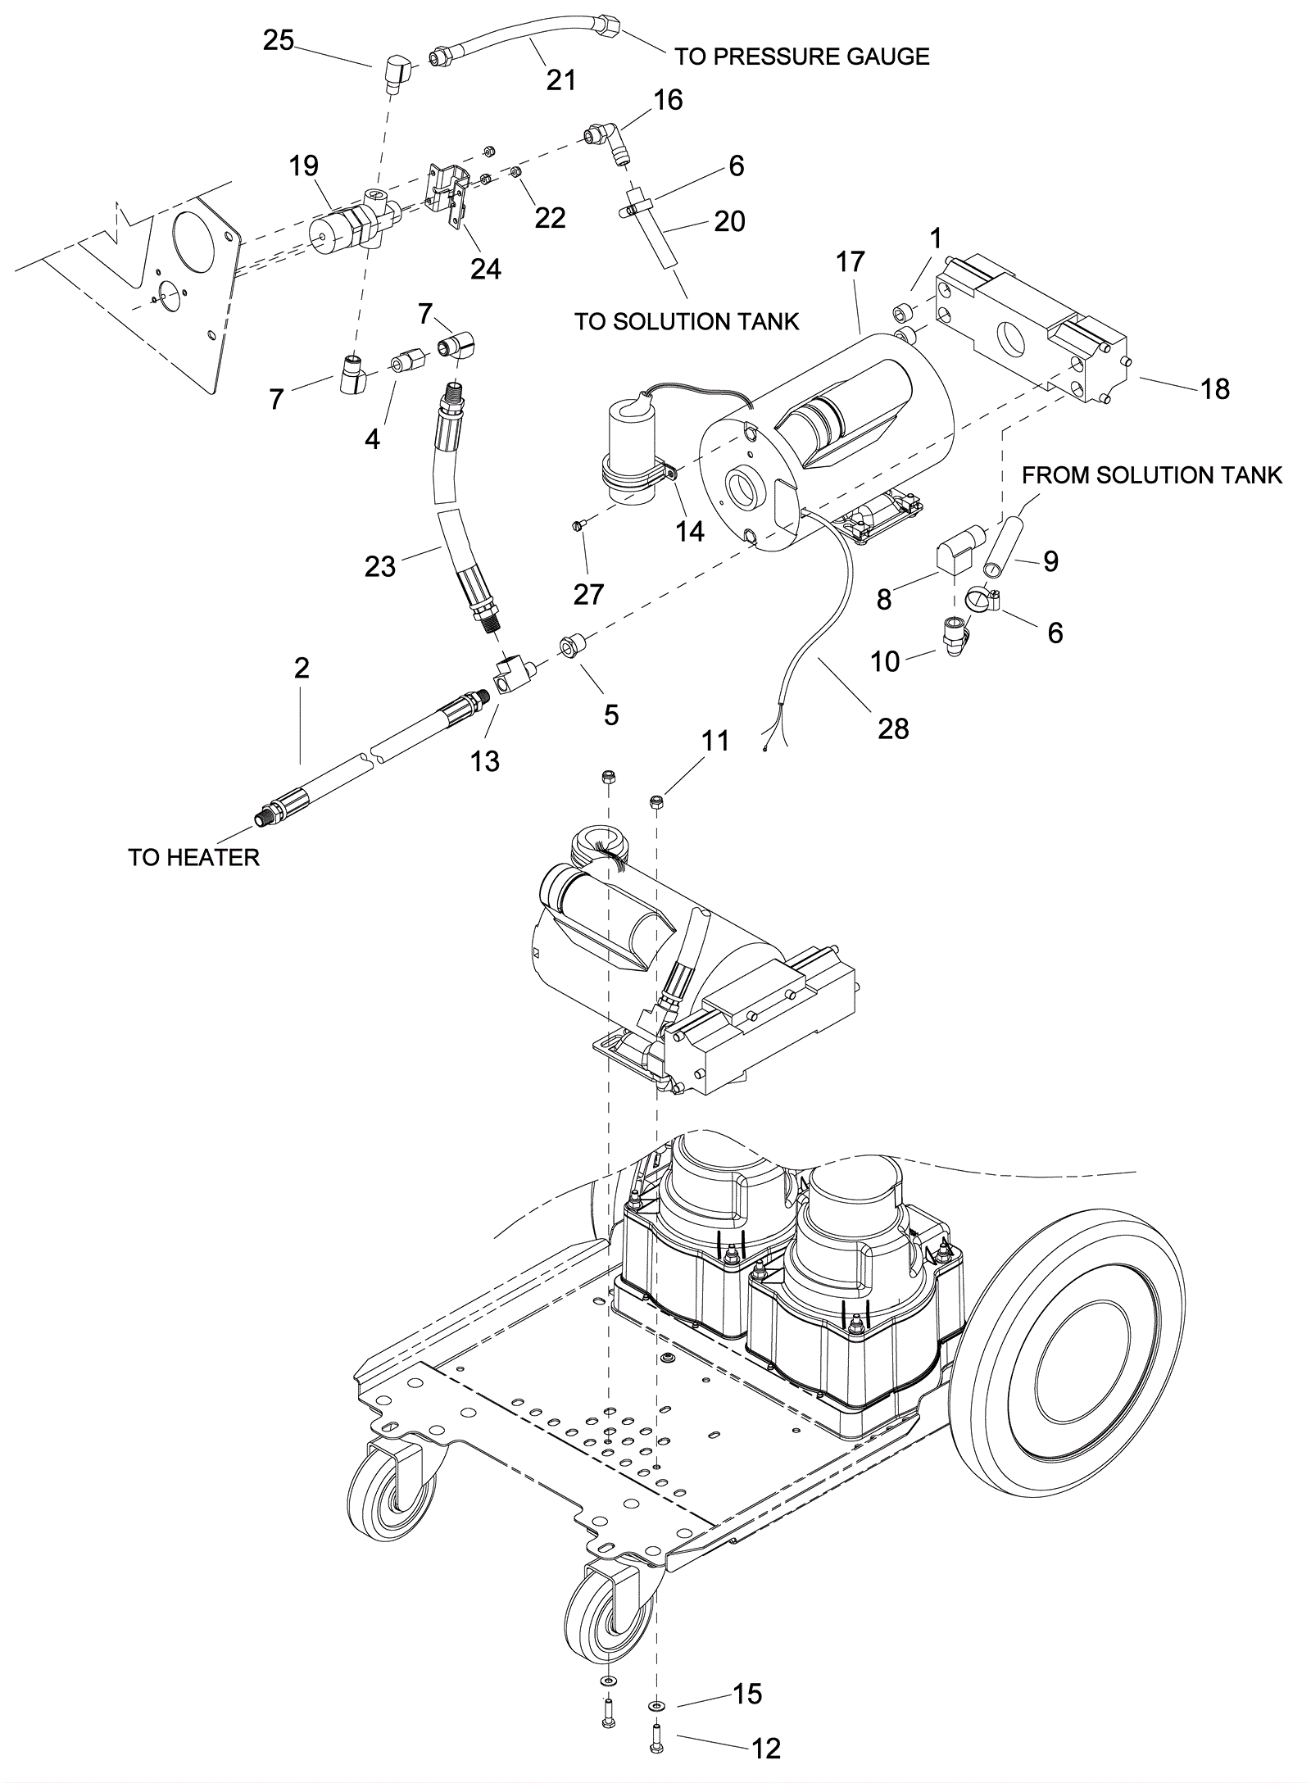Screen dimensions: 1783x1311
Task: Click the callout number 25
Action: (278, 40)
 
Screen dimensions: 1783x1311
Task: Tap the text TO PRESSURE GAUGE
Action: (801, 57)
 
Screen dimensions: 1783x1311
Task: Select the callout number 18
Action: (1215, 388)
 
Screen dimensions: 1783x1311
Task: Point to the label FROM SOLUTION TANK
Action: (1152, 475)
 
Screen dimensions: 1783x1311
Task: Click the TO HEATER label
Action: (193, 857)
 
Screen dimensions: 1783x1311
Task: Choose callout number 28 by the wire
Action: (893, 728)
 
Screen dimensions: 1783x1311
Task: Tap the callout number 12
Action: (766, 1765)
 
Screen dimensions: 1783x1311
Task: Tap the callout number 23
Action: (379, 565)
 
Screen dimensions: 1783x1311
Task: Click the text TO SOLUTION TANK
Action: (686, 321)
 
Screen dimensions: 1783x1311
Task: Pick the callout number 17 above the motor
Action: (851, 262)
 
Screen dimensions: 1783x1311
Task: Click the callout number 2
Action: (302, 669)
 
